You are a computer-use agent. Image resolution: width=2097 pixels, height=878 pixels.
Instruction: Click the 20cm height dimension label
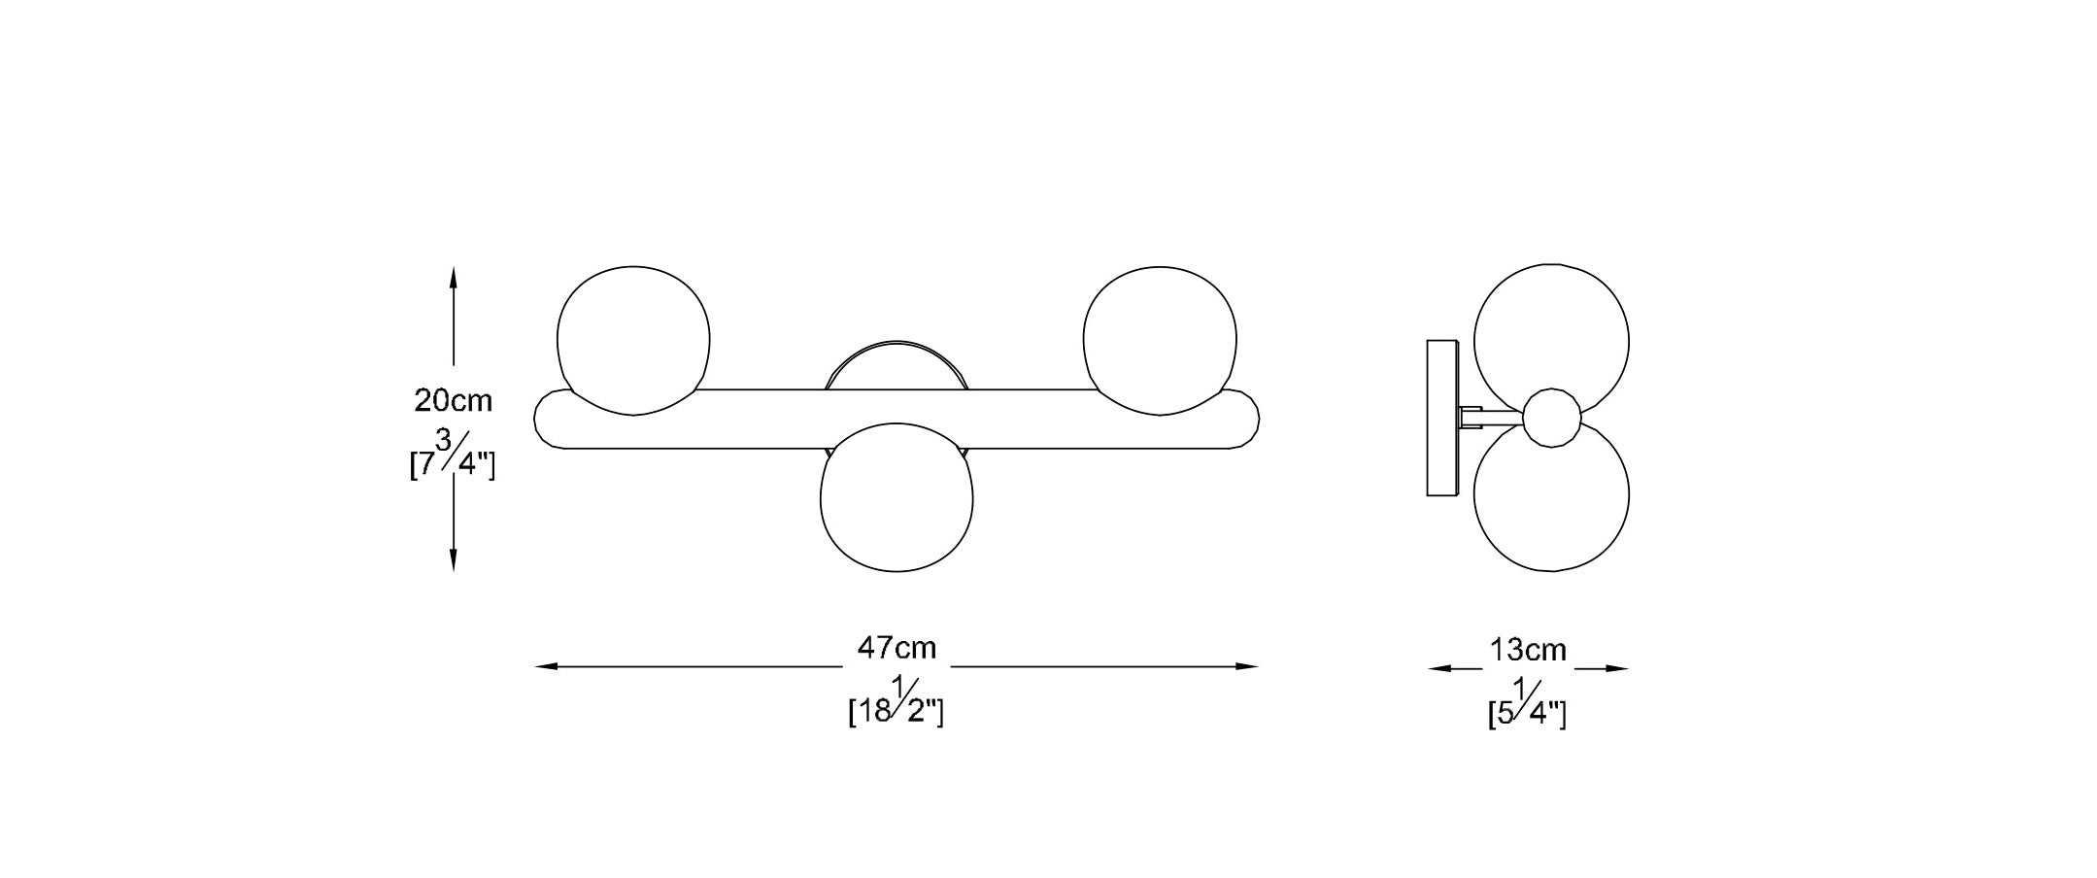pyautogui.click(x=454, y=400)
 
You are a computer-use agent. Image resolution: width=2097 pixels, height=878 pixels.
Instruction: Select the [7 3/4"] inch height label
pyautogui.click(x=453, y=455)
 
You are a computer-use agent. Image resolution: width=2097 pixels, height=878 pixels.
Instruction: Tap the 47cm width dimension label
pyautogui.click(x=896, y=647)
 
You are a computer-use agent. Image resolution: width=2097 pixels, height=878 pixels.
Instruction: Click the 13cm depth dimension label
pyautogui.click(x=1528, y=650)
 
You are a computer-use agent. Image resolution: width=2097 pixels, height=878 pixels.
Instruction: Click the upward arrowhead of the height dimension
pyautogui.click(x=454, y=279)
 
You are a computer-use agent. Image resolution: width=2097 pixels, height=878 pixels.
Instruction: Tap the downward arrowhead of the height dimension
pyautogui.click(x=454, y=558)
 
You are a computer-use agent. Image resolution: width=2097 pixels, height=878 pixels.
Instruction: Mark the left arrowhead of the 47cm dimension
pyautogui.click(x=547, y=666)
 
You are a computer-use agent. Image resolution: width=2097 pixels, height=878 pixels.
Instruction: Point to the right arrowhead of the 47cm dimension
pyautogui.click(x=1246, y=666)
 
